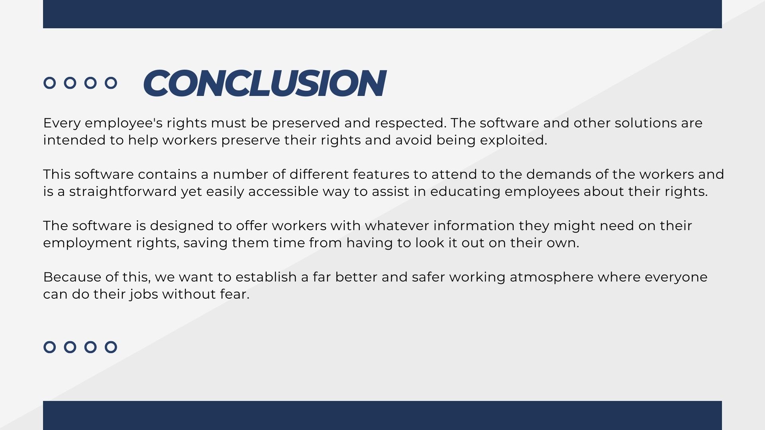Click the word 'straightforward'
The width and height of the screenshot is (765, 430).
pyautogui.click(x=123, y=192)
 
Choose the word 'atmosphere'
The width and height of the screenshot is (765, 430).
pyautogui.click(x=551, y=277)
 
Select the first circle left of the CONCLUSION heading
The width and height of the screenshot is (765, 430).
pyautogui.click(x=49, y=83)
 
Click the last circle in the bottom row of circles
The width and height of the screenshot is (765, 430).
pyautogui.click(x=111, y=347)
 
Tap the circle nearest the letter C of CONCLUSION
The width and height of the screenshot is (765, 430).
pyautogui.click(x=111, y=83)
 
